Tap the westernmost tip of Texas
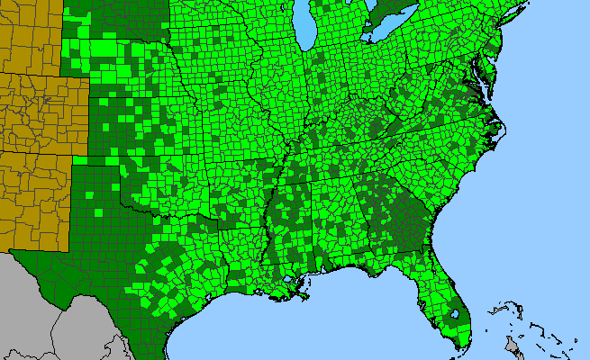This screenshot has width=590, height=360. (x=12, y=252)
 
